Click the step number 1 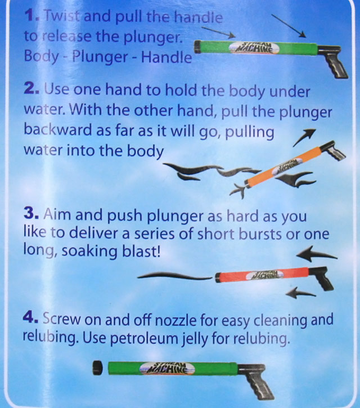pos(31,16)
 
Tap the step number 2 pos(31,89)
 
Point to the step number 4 pos(31,317)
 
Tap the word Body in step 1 pos(42,57)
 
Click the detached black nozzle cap pos(97,367)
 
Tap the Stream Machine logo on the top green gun pos(254,48)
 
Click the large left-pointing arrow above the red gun pos(316,254)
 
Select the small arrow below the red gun pos(301,293)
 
